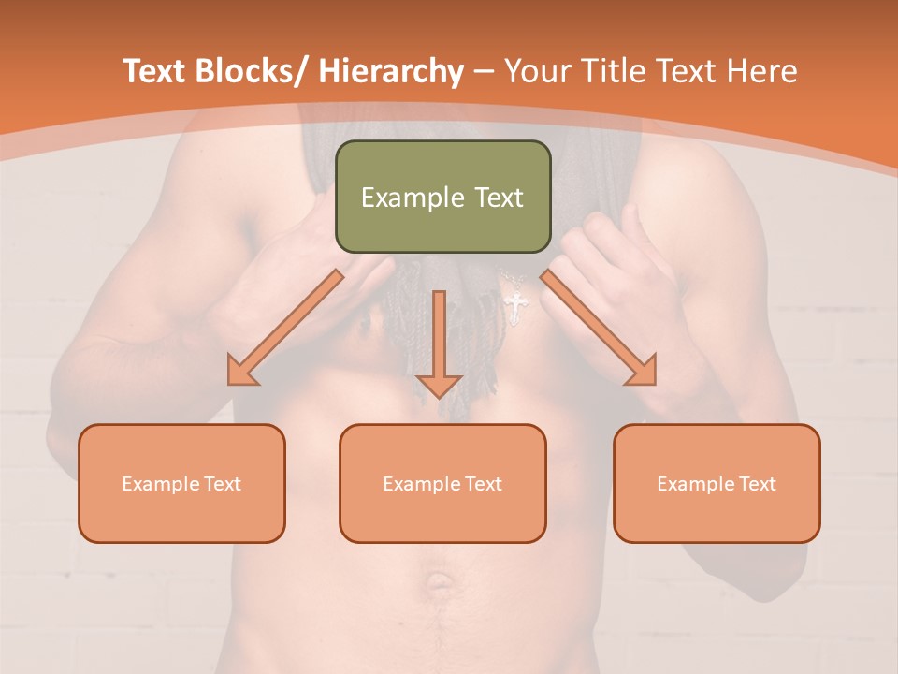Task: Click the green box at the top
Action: point(442,197)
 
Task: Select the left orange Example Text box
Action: point(181,483)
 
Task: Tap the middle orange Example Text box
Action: point(442,483)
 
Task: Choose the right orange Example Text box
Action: point(717,483)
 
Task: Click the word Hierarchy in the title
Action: point(391,72)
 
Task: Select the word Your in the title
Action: point(537,72)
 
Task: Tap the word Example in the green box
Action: point(409,198)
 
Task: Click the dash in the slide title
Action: point(484,72)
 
